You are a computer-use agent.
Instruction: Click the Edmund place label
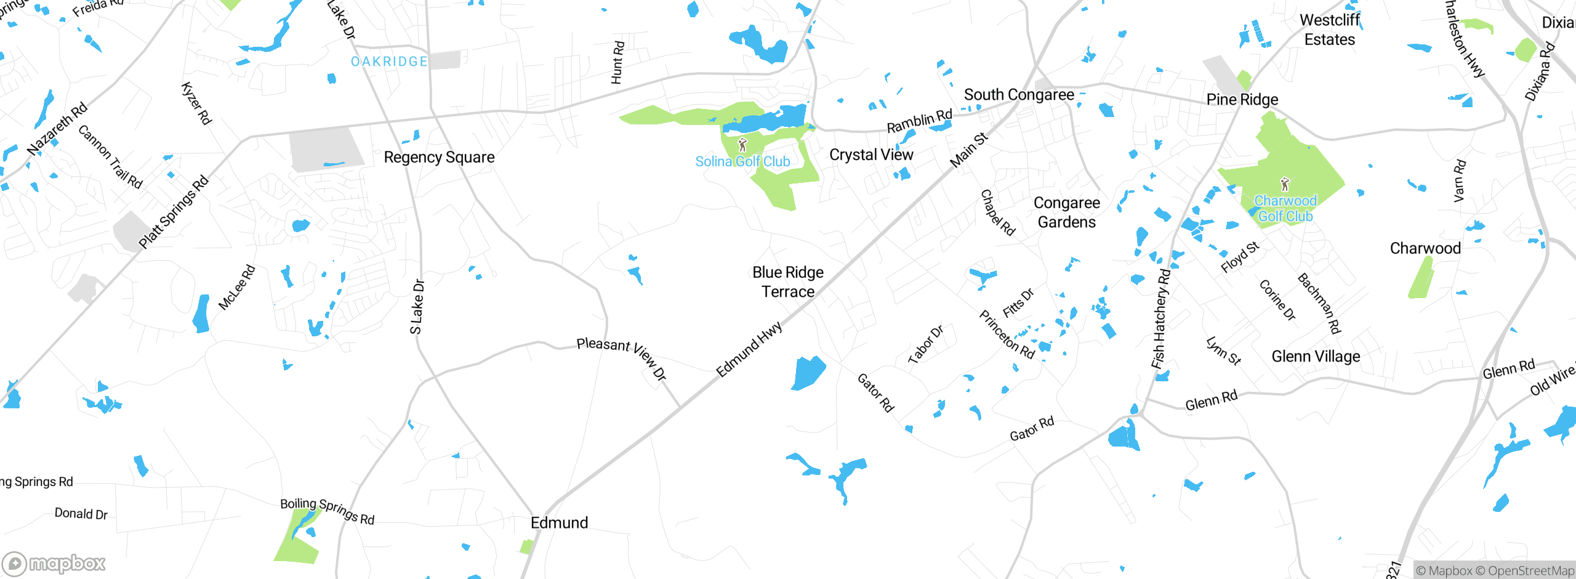tap(559, 523)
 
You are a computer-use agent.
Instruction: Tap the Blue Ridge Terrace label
tap(788, 282)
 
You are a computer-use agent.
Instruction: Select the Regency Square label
tap(439, 158)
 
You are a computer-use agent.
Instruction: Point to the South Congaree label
tap(1019, 95)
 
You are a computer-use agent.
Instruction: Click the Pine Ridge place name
tap(1242, 100)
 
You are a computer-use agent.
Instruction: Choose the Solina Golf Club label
tap(742, 162)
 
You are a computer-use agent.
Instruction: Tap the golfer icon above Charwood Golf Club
tap(1285, 184)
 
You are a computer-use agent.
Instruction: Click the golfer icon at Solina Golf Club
tap(742, 145)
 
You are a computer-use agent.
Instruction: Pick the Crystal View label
tap(871, 155)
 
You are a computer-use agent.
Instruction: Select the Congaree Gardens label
tap(1067, 213)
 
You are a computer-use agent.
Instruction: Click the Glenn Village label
tap(1316, 357)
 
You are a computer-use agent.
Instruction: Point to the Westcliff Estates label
tap(1330, 30)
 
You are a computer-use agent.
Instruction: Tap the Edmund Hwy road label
tap(749, 349)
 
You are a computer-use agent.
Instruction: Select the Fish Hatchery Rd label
tap(1160, 319)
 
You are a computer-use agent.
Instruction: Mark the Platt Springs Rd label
tap(174, 213)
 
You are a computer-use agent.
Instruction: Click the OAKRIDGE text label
tap(389, 62)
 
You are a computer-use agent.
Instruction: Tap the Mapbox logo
tap(54, 564)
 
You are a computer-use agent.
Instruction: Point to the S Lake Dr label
tap(417, 307)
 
